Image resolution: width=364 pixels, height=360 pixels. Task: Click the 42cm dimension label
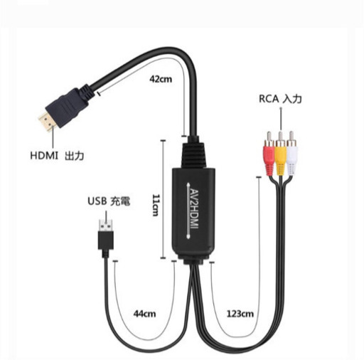tap(161, 79)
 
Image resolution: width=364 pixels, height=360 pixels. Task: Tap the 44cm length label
tap(144, 314)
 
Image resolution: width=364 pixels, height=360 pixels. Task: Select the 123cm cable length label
tap(240, 314)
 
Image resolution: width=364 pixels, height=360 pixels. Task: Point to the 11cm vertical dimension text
tap(156, 205)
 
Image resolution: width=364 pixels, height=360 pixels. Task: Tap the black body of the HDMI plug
tap(67, 107)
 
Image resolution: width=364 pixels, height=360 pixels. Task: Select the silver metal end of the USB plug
tap(105, 226)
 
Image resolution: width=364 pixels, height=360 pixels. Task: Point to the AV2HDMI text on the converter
tap(194, 209)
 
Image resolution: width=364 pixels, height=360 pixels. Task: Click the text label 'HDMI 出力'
tap(57, 156)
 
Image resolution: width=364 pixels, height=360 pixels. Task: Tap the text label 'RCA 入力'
tap(280, 99)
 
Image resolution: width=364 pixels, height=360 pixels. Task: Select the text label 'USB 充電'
tap(109, 201)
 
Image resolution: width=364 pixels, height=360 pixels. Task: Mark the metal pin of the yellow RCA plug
tap(280, 137)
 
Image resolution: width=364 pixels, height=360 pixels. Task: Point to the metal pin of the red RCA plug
tap(269, 137)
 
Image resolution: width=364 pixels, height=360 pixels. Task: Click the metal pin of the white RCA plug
tap(291, 137)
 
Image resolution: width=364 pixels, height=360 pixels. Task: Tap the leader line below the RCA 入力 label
tap(281, 119)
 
